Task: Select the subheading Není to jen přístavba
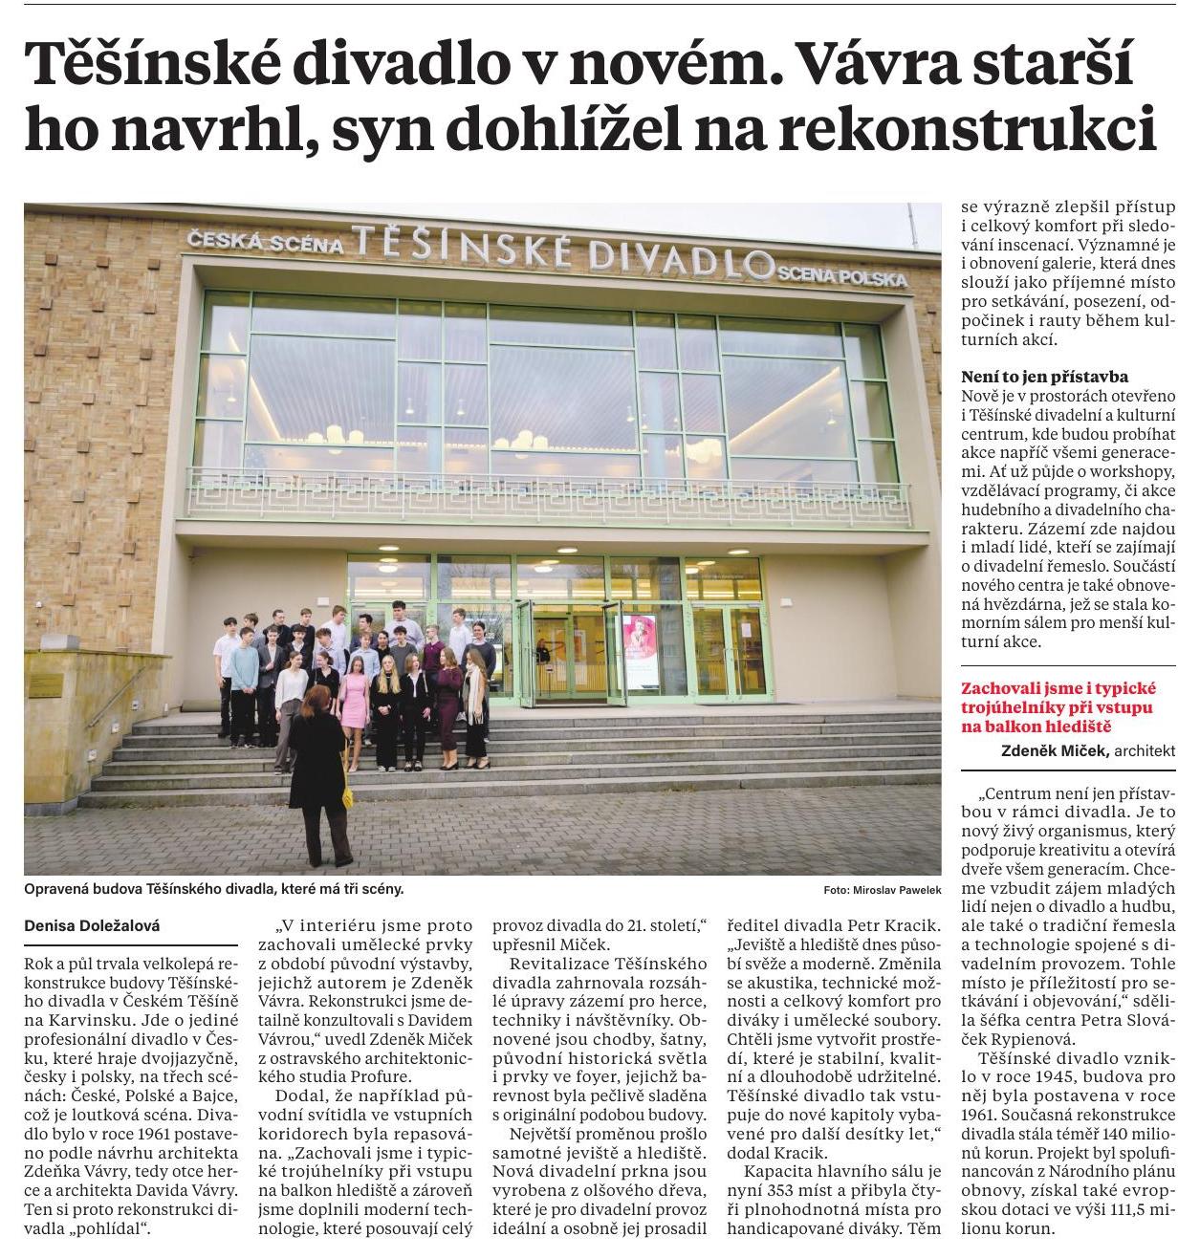click(x=1044, y=377)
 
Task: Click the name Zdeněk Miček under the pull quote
click(x=1055, y=751)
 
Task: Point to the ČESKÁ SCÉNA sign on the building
click(x=266, y=243)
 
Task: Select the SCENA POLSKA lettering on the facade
click(x=841, y=278)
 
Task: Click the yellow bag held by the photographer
click(x=346, y=792)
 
